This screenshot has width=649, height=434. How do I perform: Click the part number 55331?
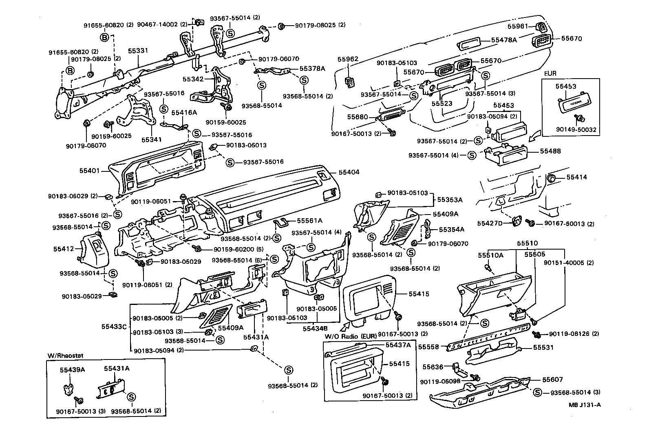point(138,51)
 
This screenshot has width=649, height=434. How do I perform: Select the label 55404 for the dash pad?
point(349,172)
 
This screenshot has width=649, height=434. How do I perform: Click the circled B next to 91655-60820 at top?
point(104,38)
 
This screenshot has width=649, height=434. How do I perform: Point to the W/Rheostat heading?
point(65,355)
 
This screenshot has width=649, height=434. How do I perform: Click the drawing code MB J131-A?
point(585,405)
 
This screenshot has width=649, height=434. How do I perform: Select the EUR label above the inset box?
point(550,75)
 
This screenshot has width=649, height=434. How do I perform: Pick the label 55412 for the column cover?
point(63,248)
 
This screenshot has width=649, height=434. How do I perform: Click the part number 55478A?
point(504,40)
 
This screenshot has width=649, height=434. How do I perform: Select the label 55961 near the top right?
point(518,26)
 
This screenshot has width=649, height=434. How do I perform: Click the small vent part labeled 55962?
point(350,82)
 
